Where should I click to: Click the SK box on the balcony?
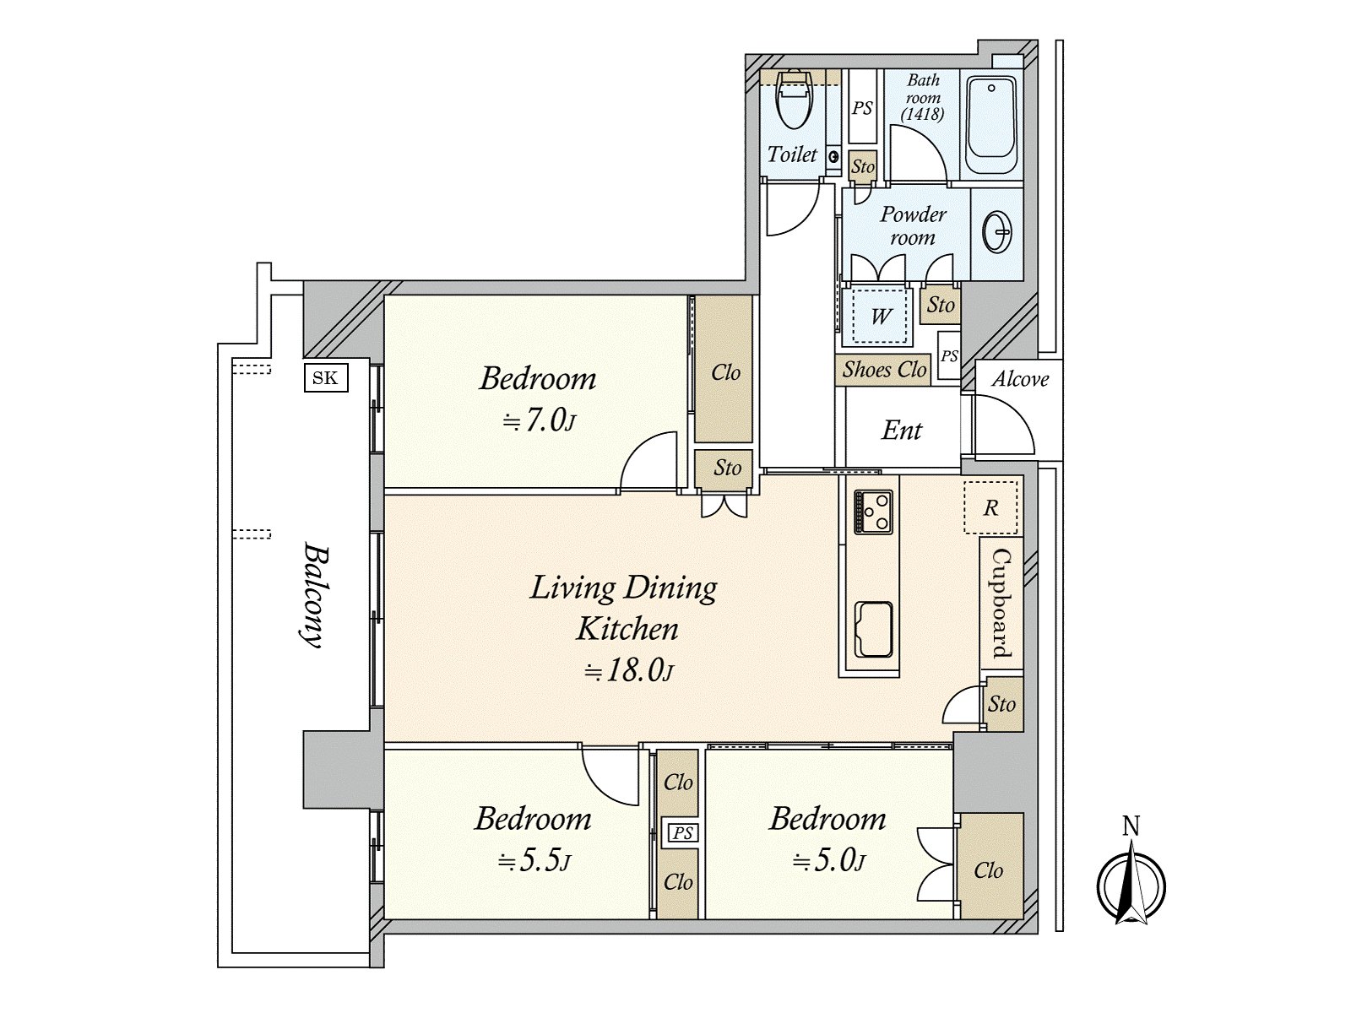(x=326, y=377)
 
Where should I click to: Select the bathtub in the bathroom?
(x=990, y=125)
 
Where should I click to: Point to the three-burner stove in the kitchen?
(x=873, y=512)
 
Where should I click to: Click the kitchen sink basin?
(x=873, y=630)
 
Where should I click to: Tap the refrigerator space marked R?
(x=990, y=507)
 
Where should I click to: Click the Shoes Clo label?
(x=884, y=370)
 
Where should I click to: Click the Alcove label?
(x=1020, y=379)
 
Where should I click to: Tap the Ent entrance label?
(x=902, y=430)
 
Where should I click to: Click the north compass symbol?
(x=1131, y=879)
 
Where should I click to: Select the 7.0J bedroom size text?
(x=540, y=421)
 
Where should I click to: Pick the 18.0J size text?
(x=627, y=670)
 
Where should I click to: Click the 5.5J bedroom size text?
(x=534, y=862)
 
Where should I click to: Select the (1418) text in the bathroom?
(x=923, y=114)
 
